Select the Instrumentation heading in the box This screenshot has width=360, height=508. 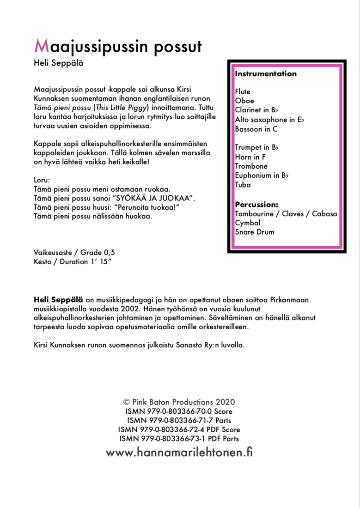coord(266,74)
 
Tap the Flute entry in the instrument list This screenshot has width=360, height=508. coord(243,92)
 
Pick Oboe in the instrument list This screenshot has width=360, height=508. coord(244,101)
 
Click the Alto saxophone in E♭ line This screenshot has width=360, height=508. coord(269,120)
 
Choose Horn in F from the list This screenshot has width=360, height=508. coord(250,157)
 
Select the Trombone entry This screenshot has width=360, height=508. coord(251,166)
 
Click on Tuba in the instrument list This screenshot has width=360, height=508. coord(243,185)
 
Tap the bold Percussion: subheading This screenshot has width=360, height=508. coord(256,204)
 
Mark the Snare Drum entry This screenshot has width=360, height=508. coord(254,232)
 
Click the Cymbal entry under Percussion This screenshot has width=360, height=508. coord(248,223)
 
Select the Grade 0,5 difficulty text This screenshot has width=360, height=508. coord(98,253)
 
